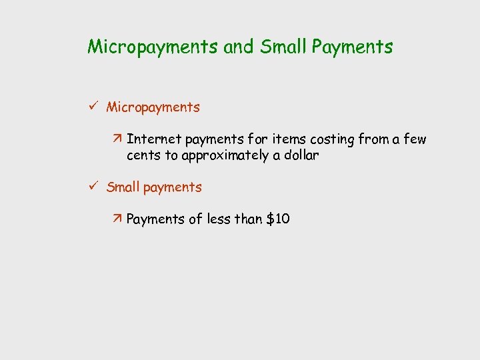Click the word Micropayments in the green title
click(152, 47)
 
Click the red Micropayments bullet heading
click(153, 107)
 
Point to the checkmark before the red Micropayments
click(93, 106)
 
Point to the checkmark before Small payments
click(93, 187)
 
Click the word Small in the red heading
click(123, 187)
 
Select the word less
click(218, 219)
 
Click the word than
click(249, 219)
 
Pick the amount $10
click(277, 219)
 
